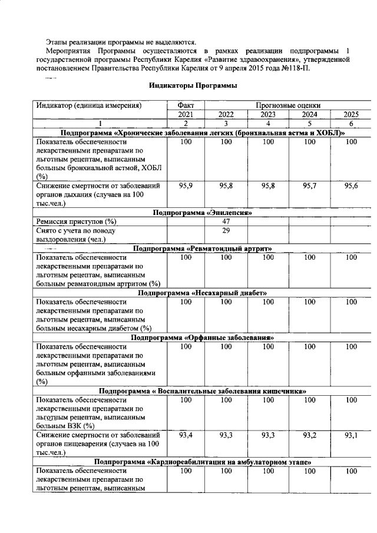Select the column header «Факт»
pyautogui.click(x=186, y=105)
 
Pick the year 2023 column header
pyautogui.click(x=268, y=115)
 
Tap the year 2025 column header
pyautogui.click(x=352, y=115)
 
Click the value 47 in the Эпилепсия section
pyautogui.click(x=226, y=221)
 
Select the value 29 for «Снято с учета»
pyautogui.click(x=226, y=231)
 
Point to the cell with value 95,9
pyautogui.click(x=186, y=186)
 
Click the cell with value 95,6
pyautogui.click(x=352, y=186)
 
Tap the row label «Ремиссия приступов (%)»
pyautogui.click(x=76, y=221)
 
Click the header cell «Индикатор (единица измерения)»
pyautogui.click(x=89, y=105)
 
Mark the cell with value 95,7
pyautogui.click(x=310, y=186)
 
